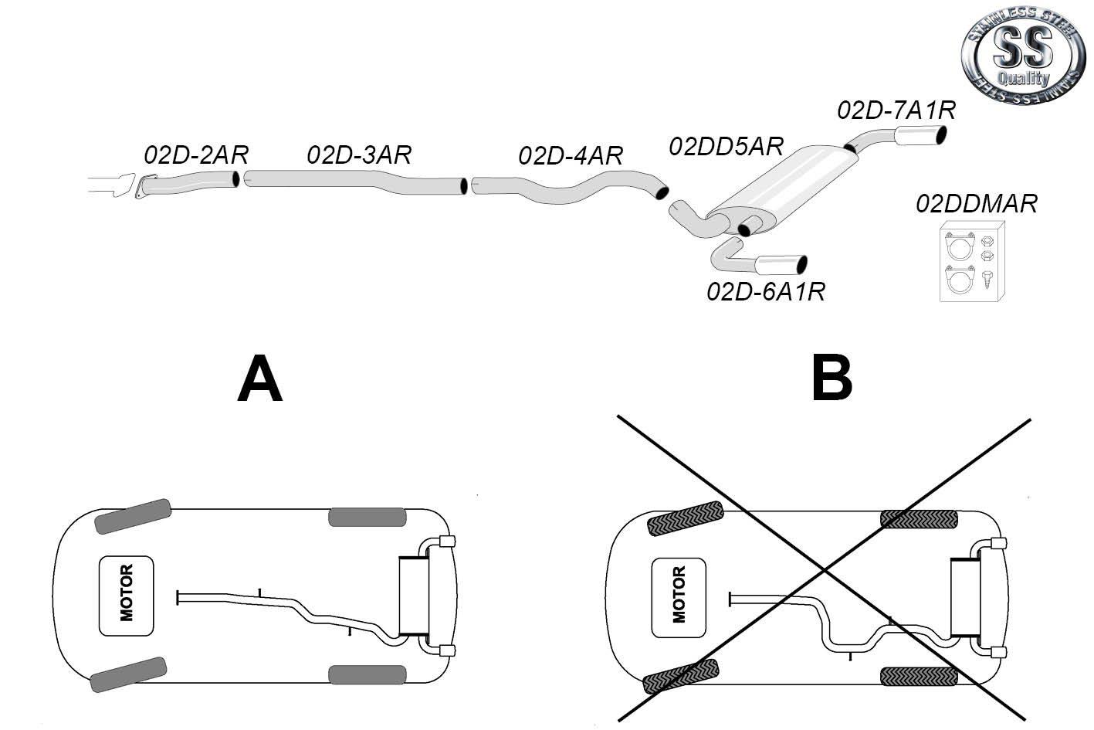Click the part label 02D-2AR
click(196, 155)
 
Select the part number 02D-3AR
click(359, 155)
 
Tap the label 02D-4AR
click(571, 156)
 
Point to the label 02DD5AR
click(727, 146)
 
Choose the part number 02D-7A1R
click(896, 110)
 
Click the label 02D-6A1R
click(766, 292)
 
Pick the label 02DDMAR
click(977, 204)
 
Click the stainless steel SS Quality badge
click(1023, 55)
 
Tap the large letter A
click(260, 379)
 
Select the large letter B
click(832, 379)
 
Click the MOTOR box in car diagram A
click(126, 596)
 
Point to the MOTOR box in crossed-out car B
click(679, 597)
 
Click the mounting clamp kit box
click(972, 261)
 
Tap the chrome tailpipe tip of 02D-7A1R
click(920, 135)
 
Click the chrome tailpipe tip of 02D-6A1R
click(781, 264)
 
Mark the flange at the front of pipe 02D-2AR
click(144, 186)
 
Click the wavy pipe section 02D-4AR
click(569, 188)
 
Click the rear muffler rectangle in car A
click(413, 596)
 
